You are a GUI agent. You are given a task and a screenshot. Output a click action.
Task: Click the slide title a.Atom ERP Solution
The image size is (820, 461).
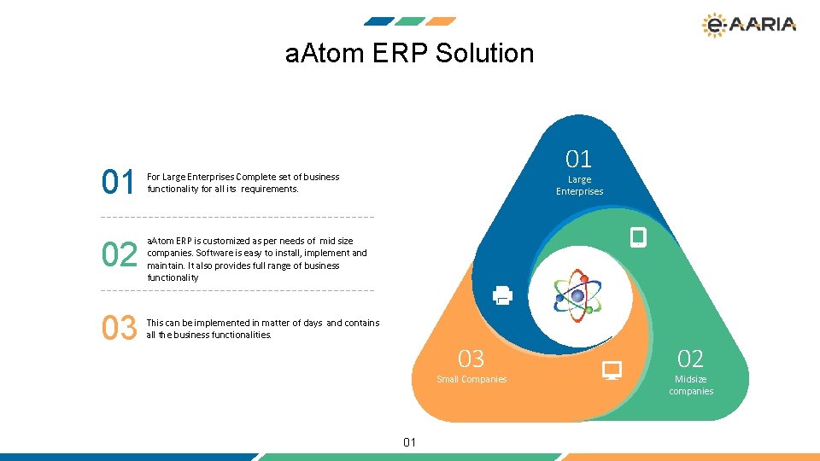pyautogui.click(x=409, y=53)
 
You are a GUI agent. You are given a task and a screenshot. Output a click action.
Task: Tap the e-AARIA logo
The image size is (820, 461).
pyautogui.click(x=748, y=25)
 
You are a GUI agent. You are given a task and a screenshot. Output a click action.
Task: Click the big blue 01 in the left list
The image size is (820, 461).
pyautogui.click(x=118, y=183)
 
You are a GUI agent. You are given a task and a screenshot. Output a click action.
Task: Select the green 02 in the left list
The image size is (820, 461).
pyautogui.click(x=119, y=255)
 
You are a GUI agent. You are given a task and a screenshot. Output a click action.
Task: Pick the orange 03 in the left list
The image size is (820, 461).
pyautogui.click(x=119, y=328)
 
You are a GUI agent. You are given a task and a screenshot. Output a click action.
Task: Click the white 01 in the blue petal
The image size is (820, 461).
pyautogui.click(x=578, y=158)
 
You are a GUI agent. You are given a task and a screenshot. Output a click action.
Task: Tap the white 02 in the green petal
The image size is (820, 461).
pyautogui.click(x=690, y=358)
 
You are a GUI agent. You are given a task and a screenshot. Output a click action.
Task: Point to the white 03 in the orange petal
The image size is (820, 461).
pyautogui.click(x=471, y=358)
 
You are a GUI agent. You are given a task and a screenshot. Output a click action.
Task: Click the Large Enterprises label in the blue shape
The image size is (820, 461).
pyautogui.click(x=579, y=185)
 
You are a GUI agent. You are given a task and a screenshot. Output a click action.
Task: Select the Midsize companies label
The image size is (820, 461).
pyautogui.click(x=690, y=385)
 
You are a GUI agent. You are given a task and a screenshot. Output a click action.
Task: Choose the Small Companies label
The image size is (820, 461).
pyautogui.click(x=471, y=379)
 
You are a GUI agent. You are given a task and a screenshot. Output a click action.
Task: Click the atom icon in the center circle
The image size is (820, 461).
pyautogui.click(x=577, y=295)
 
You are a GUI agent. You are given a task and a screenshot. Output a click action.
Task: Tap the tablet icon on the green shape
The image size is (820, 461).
pyautogui.click(x=637, y=237)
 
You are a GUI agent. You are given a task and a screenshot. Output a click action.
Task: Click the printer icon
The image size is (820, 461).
pyautogui.click(x=502, y=295)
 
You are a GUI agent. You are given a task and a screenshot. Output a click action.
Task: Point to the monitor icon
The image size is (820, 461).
pyautogui.click(x=612, y=371)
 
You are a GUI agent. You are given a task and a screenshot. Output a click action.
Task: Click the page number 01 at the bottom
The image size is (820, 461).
pyautogui.click(x=409, y=441)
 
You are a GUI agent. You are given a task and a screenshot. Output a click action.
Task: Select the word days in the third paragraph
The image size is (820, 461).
pyautogui.click(x=310, y=323)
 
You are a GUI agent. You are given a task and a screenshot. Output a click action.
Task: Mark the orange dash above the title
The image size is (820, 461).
pyautogui.click(x=441, y=21)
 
